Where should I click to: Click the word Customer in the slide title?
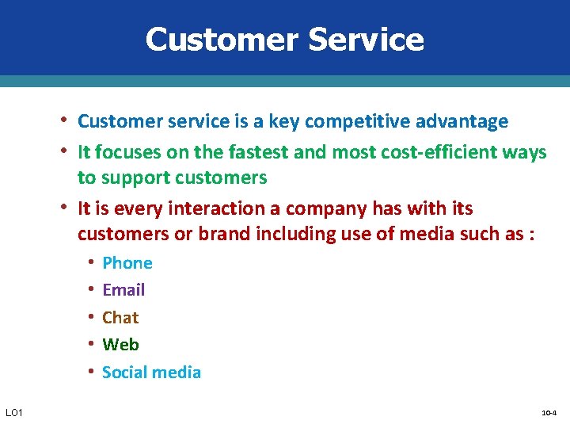click(215, 40)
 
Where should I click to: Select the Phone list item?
click(127, 263)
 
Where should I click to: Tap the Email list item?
click(123, 290)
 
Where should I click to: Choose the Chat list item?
click(120, 318)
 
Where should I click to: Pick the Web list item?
click(120, 345)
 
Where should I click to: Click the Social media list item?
click(151, 373)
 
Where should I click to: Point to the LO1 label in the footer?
click(14, 413)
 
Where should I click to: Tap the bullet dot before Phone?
click(92, 262)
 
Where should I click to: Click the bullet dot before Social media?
click(92, 371)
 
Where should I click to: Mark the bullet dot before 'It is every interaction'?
click(66, 208)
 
